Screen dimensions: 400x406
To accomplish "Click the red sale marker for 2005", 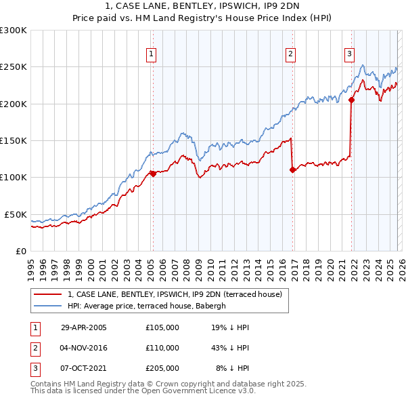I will click(153, 174).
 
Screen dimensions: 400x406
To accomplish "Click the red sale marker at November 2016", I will click(292, 169).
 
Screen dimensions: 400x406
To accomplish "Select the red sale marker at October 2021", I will click(351, 100).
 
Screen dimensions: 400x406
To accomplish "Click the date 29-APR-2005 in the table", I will click(84, 327).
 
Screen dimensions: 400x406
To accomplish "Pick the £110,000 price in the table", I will click(162, 348).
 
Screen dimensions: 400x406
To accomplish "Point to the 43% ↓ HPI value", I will click(229, 348).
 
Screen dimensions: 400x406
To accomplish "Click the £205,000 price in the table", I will click(162, 368).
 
